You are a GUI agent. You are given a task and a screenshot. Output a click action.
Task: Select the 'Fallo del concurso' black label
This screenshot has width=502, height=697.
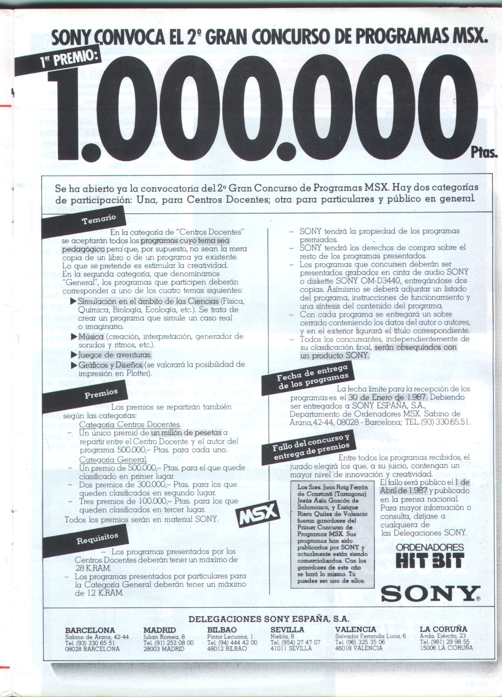click(311, 446)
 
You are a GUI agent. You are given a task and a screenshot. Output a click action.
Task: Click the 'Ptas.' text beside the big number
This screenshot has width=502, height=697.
click(484, 153)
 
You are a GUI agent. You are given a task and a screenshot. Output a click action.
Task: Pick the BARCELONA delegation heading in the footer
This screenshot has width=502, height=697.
click(90, 630)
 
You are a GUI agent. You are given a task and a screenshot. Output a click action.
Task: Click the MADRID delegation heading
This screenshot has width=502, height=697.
click(159, 630)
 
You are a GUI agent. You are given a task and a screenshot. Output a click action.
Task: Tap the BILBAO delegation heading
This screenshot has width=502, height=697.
click(222, 630)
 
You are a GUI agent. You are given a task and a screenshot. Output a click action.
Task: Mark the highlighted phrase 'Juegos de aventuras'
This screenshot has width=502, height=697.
click(114, 355)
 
